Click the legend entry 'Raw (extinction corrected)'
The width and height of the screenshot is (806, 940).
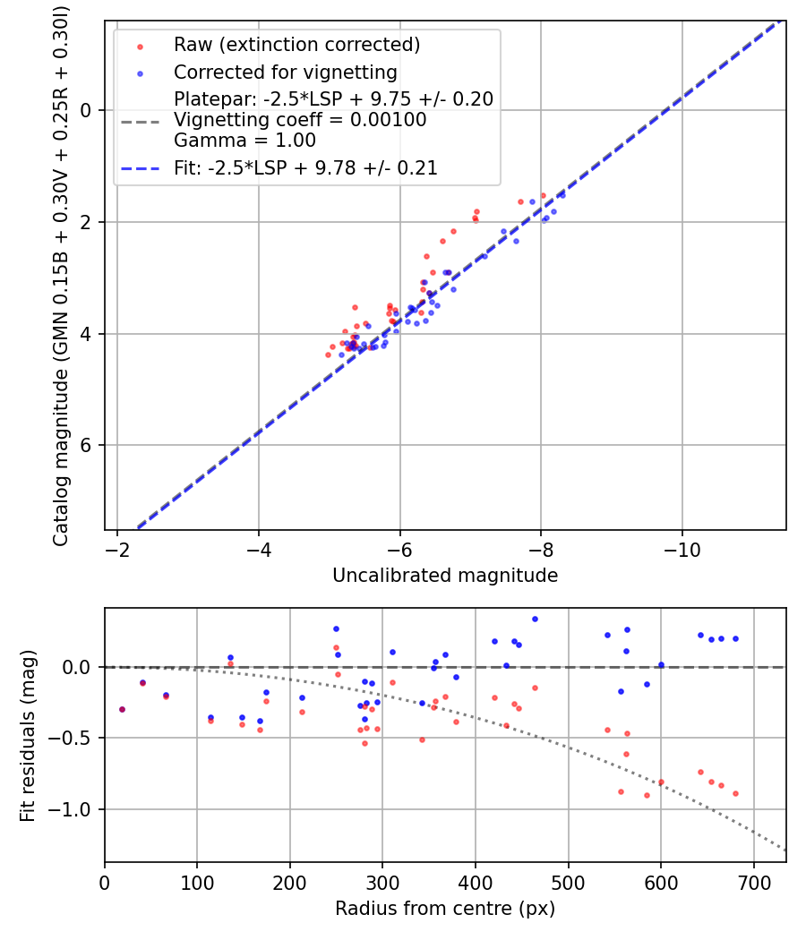[296, 45]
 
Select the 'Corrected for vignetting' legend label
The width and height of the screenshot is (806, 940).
[286, 72]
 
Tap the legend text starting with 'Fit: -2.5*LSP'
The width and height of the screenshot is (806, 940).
[305, 167]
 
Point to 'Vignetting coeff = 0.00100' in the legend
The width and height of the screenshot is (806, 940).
[300, 120]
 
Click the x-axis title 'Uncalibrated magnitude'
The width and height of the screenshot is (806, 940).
[445, 576]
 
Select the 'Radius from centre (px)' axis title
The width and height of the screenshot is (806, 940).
[445, 909]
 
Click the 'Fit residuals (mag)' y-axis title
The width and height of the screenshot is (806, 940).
[28, 735]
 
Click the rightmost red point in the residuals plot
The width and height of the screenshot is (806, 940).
[735, 793]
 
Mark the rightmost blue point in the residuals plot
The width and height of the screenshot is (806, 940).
[735, 638]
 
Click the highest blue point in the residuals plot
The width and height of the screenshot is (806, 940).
[535, 619]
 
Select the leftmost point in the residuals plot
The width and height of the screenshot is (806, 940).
[122, 709]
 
